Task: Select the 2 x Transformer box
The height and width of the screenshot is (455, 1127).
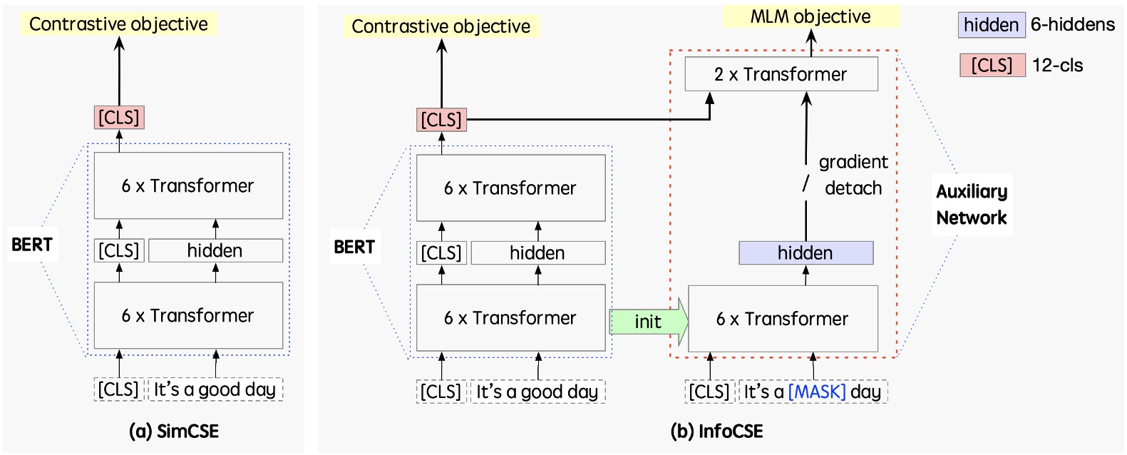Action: (x=781, y=74)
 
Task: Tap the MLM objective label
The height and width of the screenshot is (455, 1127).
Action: (x=810, y=16)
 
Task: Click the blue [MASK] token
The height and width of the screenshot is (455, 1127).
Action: (x=816, y=392)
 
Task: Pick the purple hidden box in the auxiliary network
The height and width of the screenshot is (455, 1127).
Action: (x=806, y=252)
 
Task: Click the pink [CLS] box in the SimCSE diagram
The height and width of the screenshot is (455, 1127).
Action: (x=119, y=117)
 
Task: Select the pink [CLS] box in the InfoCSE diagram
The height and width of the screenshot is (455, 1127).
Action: (x=441, y=120)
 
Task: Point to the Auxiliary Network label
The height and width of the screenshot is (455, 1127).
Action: (x=972, y=205)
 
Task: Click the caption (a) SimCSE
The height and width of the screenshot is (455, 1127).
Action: (x=173, y=431)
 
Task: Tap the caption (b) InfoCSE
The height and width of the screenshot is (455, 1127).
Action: (x=716, y=431)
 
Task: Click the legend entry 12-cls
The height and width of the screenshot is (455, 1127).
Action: (x=1057, y=66)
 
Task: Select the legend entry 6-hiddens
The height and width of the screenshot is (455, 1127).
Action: (x=1072, y=25)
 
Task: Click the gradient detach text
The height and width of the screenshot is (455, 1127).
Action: (x=853, y=175)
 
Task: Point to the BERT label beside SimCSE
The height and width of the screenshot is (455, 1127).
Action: (x=32, y=245)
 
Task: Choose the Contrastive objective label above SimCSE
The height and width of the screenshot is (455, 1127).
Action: (x=118, y=24)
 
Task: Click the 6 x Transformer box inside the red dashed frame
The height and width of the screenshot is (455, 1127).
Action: (x=782, y=319)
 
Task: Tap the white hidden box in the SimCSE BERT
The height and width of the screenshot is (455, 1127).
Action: (x=215, y=250)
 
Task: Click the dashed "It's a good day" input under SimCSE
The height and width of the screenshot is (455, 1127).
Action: (x=215, y=389)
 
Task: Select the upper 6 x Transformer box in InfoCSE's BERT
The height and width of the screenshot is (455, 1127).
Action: (x=510, y=188)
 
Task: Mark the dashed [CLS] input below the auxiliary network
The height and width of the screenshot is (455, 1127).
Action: (x=709, y=392)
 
